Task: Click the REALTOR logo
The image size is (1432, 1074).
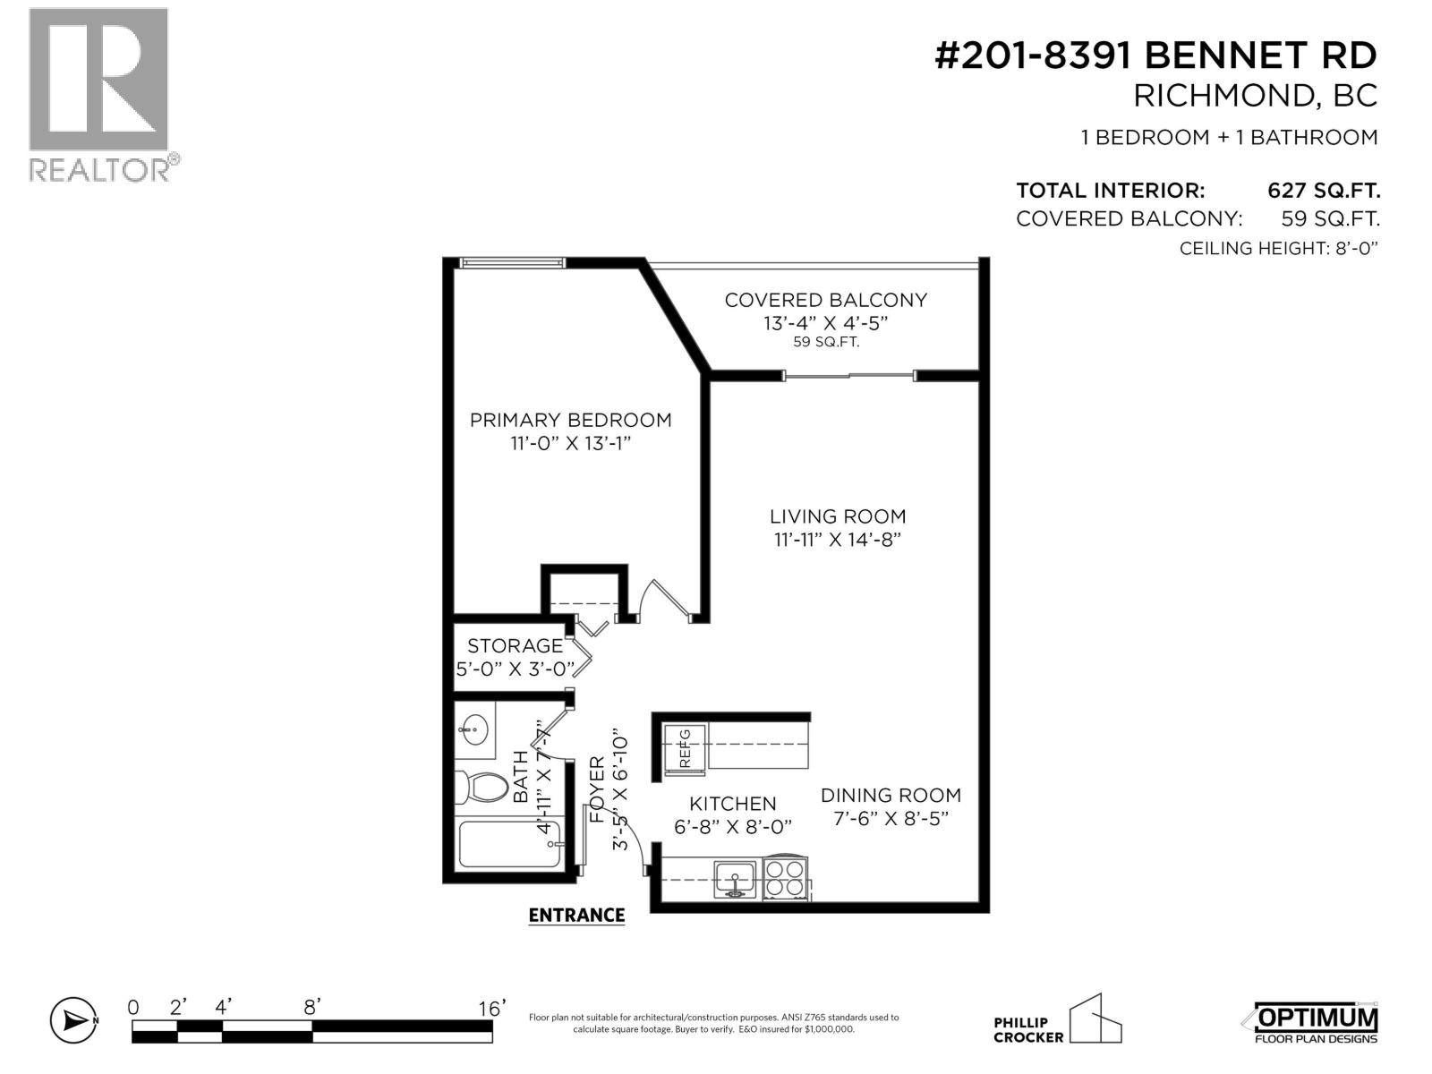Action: point(99,94)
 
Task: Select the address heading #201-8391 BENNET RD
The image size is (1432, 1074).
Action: point(1155,55)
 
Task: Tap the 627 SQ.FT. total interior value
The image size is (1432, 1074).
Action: point(1323,191)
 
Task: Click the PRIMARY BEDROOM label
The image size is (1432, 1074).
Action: point(570,420)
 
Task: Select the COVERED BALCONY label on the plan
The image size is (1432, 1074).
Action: point(825,300)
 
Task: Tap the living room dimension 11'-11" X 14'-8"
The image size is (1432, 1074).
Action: point(838,540)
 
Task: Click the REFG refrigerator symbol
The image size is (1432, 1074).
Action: point(685,748)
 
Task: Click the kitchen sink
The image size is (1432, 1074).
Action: point(735,878)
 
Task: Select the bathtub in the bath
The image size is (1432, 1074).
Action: point(509,844)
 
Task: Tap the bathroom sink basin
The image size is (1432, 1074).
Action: point(475,725)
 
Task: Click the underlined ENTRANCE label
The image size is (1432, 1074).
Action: point(576,915)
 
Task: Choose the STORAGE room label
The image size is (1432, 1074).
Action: point(515,645)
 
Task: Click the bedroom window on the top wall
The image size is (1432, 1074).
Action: point(512,263)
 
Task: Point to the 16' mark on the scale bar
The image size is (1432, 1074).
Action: point(491,1008)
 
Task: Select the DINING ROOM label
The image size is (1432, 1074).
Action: point(891,795)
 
